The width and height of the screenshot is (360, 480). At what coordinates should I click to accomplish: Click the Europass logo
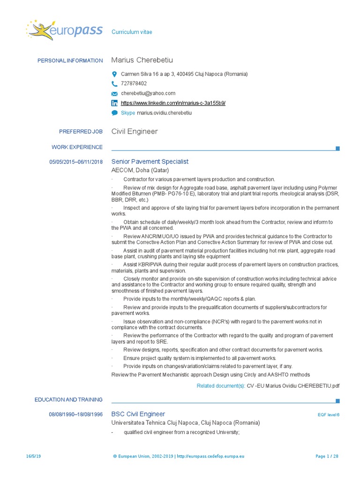(65, 30)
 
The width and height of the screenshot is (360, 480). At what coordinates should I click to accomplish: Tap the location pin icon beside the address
(114, 74)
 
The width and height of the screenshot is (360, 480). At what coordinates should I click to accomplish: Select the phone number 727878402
(134, 83)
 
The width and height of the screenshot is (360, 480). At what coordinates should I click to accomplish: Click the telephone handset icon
(114, 84)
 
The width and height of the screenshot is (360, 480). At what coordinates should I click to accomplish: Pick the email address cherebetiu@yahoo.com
(148, 93)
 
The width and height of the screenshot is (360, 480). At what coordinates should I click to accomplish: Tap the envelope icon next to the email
(114, 94)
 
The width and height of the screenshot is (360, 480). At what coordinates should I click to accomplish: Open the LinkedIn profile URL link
(173, 103)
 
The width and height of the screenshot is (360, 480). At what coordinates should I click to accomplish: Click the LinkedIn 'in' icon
(114, 103)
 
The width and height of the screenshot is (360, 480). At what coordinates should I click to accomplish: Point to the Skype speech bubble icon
(114, 113)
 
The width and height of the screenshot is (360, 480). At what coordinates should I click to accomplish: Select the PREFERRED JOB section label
(81, 132)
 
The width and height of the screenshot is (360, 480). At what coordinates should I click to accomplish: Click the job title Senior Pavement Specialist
(150, 162)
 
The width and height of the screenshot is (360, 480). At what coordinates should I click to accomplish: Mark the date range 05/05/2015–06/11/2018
(76, 162)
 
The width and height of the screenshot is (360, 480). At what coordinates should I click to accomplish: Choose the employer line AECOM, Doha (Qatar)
(140, 170)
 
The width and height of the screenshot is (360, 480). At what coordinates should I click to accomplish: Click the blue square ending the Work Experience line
(337, 149)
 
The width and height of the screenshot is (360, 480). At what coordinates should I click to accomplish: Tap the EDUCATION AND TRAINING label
(68, 400)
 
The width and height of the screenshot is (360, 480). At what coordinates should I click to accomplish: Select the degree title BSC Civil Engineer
(138, 414)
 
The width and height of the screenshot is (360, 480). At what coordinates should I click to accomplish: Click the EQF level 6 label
(328, 415)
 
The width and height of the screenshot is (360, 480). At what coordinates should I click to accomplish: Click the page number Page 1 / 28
(327, 456)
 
